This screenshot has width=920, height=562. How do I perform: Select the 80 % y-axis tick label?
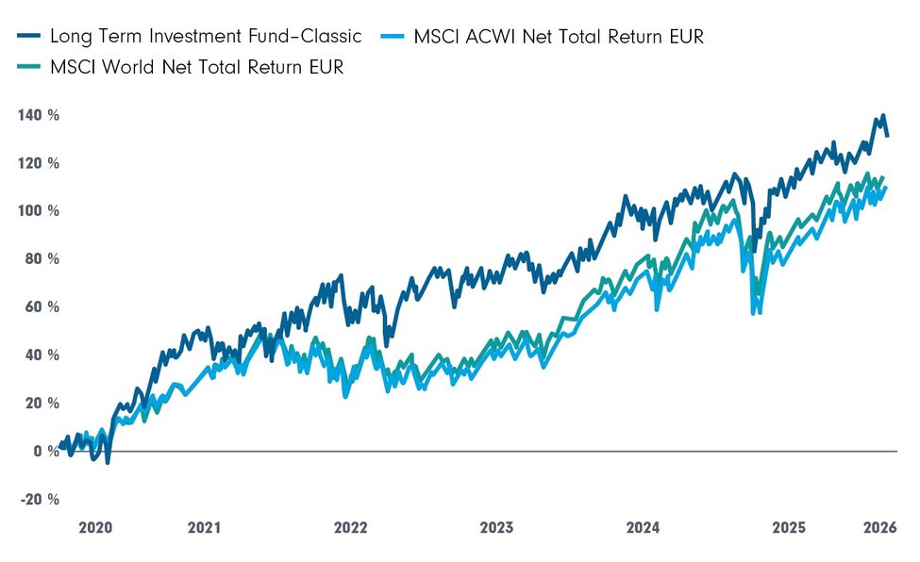[x=40, y=259]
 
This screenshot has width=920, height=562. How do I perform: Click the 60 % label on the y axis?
[x=40, y=307]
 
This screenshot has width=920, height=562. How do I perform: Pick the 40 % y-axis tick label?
[x=40, y=355]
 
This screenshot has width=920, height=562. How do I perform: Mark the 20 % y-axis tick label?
[x=40, y=404]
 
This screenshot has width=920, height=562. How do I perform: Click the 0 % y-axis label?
[x=43, y=452]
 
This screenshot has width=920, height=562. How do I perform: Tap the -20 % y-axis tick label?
[x=38, y=500]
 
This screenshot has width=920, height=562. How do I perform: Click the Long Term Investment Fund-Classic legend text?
[x=205, y=38]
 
